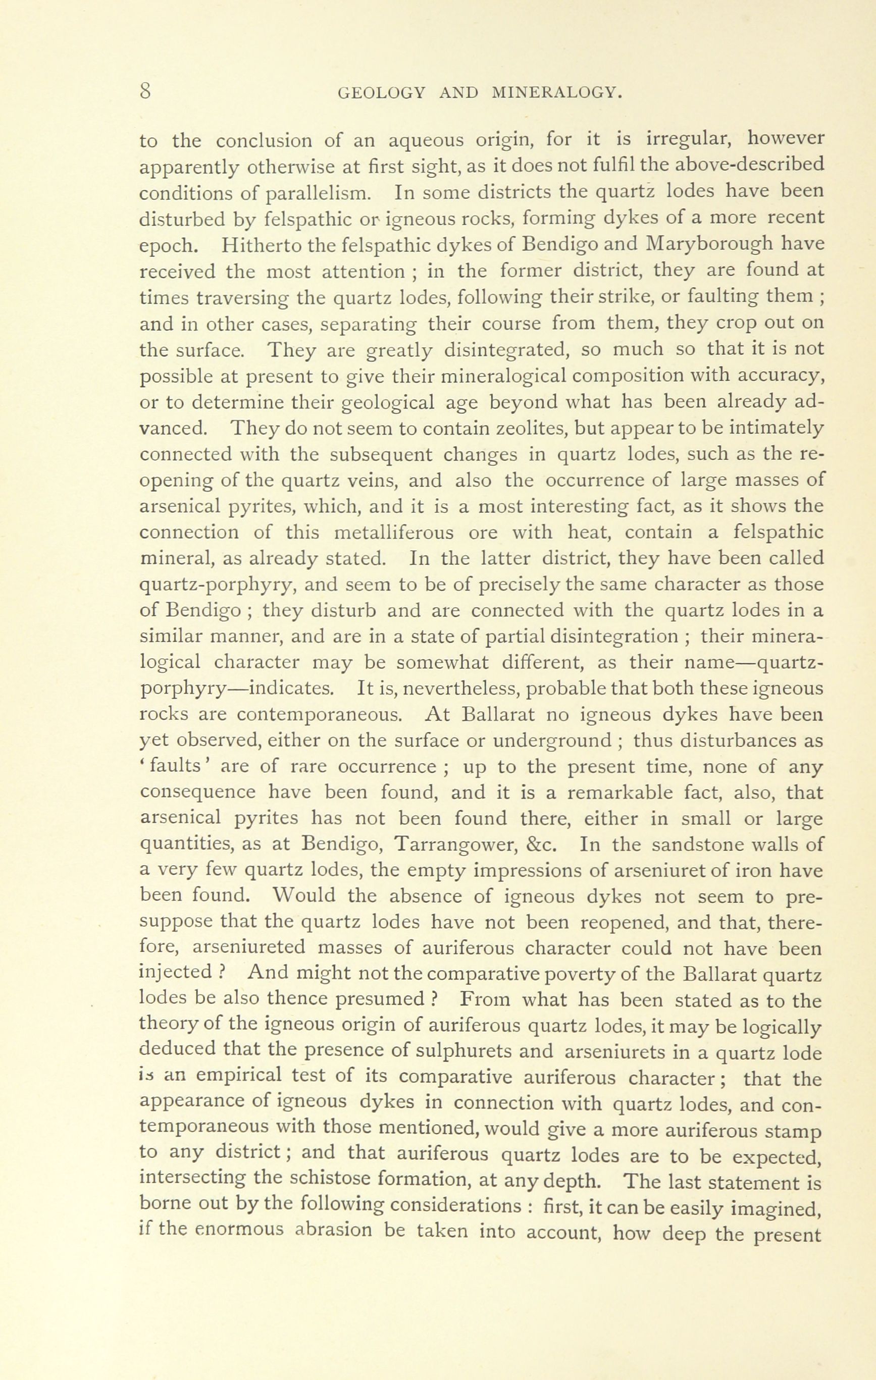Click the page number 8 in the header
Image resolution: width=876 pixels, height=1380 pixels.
144,92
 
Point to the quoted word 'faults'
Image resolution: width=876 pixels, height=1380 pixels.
174,767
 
